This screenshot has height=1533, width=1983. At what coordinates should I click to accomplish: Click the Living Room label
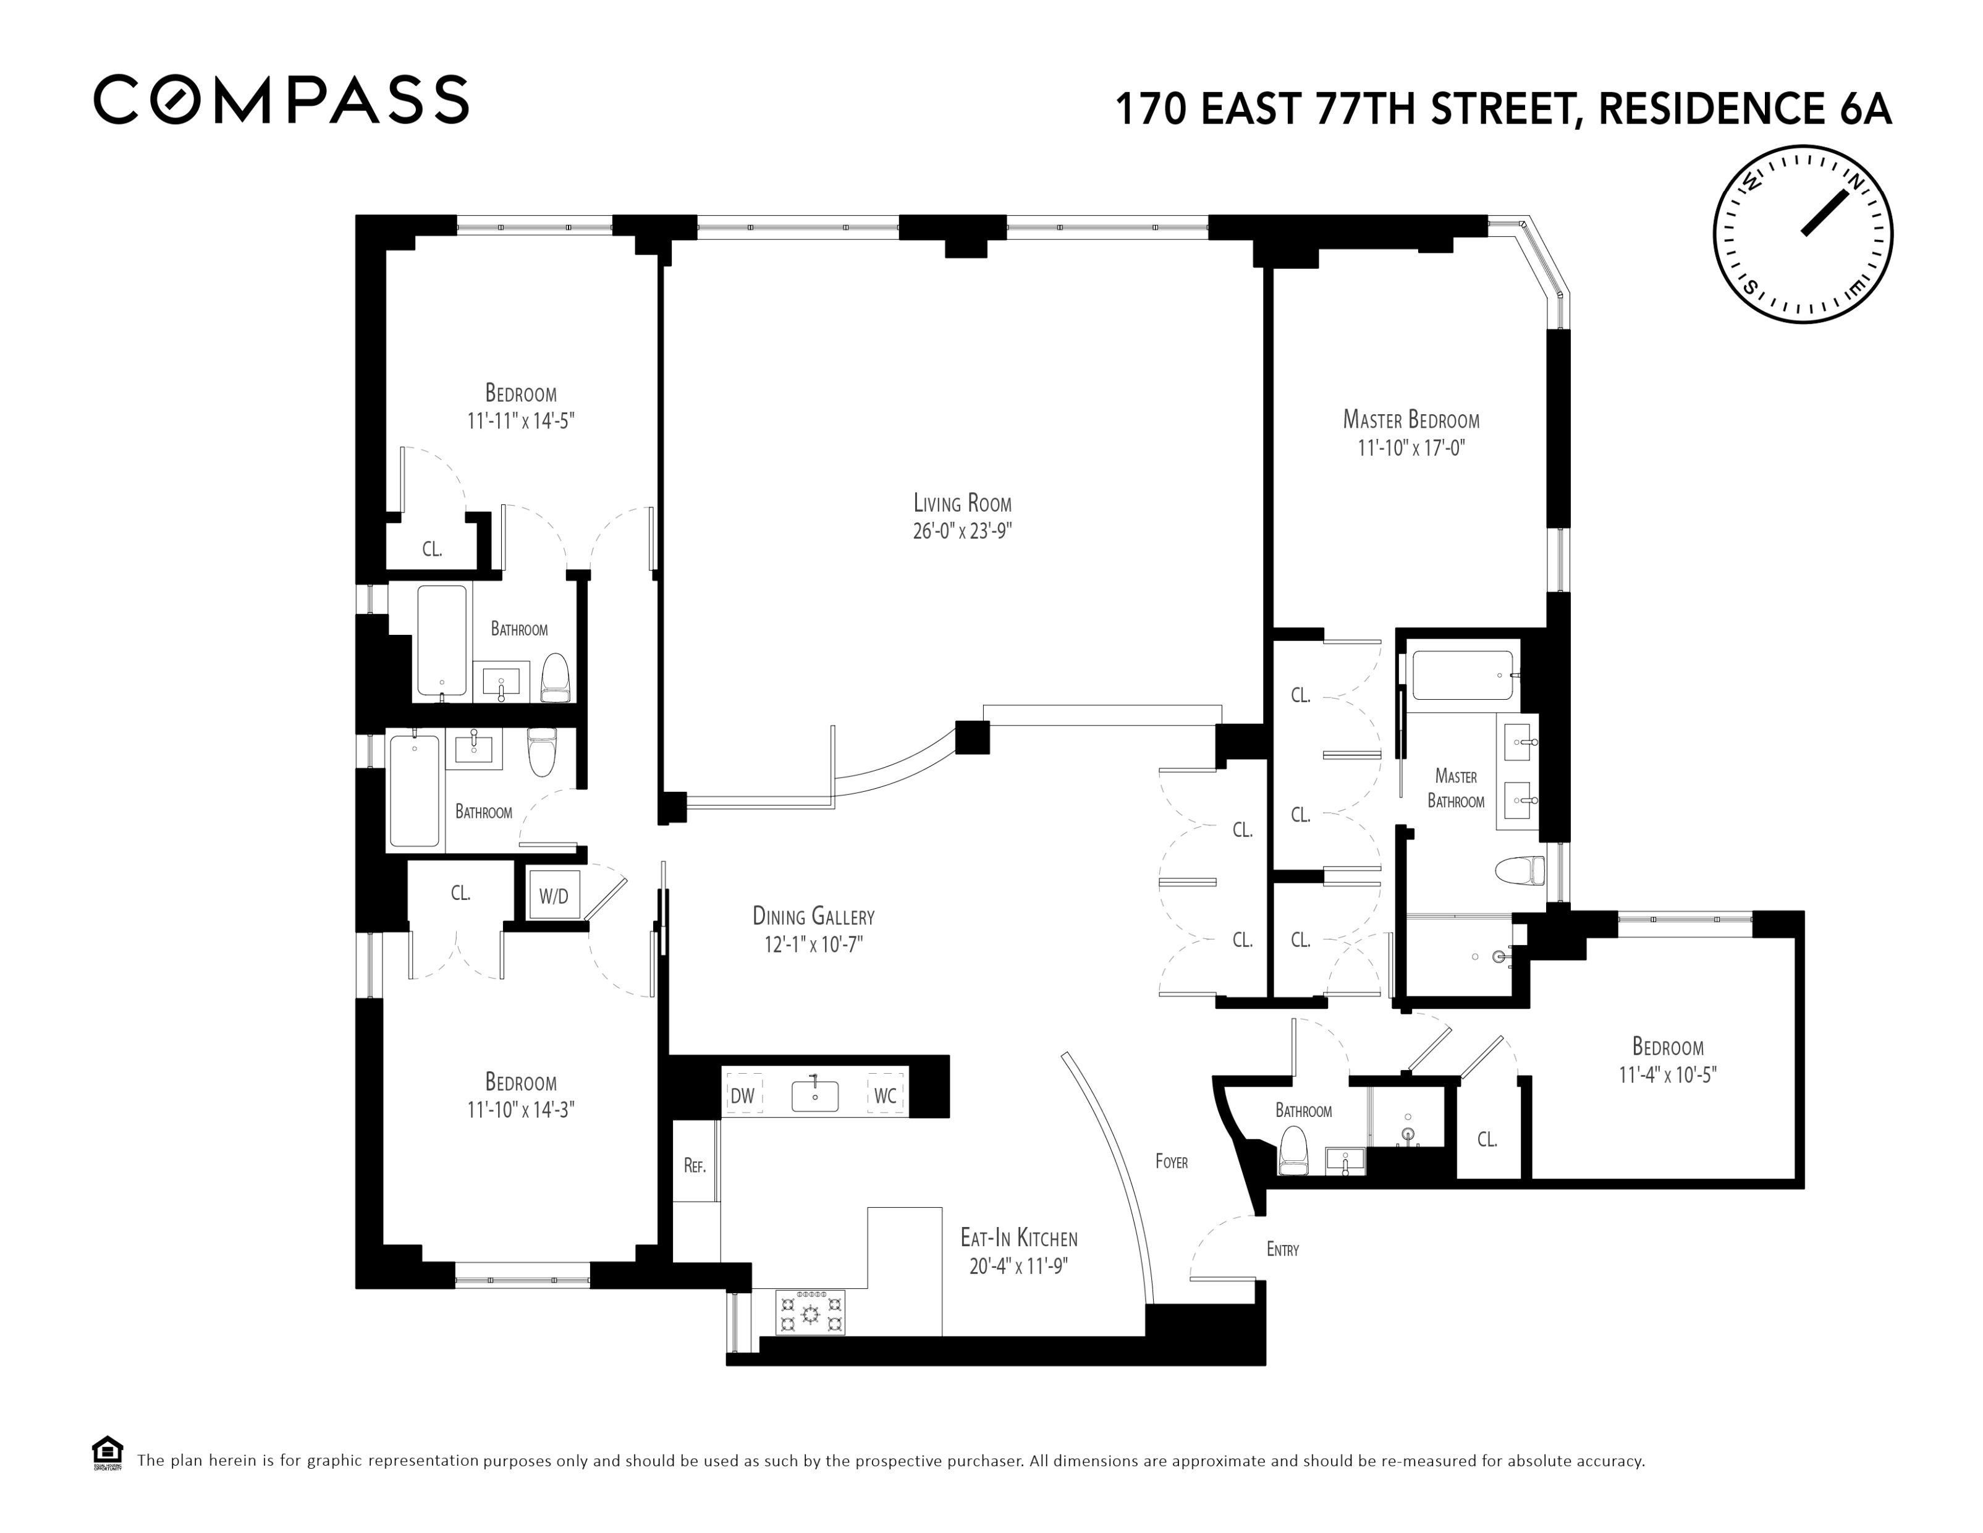click(962, 502)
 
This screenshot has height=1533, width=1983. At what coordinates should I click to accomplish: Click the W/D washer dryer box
click(554, 896)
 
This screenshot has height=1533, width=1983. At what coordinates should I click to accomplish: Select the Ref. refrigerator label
click(695, 1166)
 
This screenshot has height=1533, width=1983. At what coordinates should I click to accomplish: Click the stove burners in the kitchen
click(810, 1312)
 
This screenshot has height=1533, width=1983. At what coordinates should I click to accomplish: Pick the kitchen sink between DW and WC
click(814, 1095)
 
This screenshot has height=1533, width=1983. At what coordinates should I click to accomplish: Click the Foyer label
click(1171, 1161)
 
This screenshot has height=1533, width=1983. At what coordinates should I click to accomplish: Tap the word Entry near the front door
click(1282, 1250)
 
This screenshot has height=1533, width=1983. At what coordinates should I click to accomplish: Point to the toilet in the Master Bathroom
click(1519, 871)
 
